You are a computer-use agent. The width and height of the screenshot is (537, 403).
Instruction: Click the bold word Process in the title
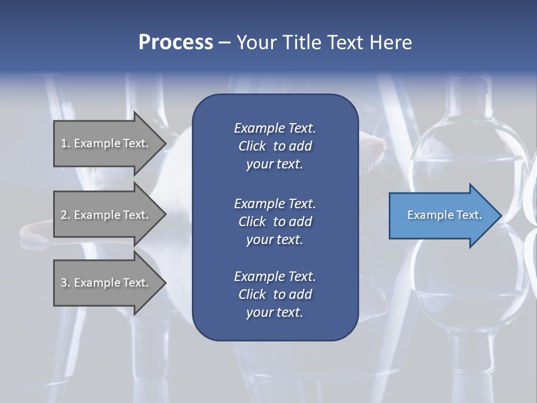(x=176, y=43)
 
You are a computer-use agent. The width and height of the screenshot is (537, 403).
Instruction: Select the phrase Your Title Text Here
(x=324, y=43)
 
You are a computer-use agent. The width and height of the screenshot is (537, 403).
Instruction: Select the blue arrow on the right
(x=442, y=215)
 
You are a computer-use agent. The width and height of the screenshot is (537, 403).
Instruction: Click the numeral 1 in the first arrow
(x=63, y=143)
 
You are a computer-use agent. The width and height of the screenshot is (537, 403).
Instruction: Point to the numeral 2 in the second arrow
(x=64, y=215)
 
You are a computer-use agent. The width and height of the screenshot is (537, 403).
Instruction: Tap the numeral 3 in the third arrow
(x=64, y=283)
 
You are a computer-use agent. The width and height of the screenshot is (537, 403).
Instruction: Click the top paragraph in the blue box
(x=275, y=146)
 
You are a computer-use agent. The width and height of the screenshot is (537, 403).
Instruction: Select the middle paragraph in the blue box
(x=275, y=221)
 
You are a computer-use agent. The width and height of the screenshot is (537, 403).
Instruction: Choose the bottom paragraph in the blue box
(x=275, y=294)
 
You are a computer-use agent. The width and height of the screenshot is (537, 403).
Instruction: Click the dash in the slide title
(x=224, y=43)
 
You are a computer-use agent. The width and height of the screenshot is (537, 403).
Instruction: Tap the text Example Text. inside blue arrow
(x=444, y=215)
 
